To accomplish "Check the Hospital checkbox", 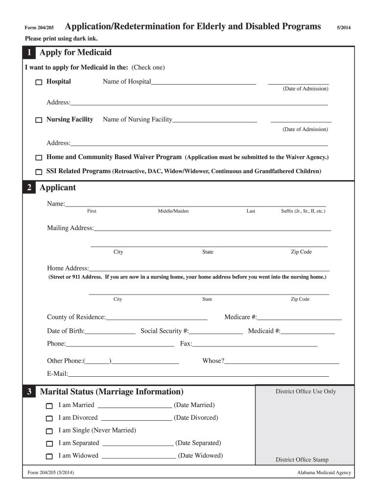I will [39, 83].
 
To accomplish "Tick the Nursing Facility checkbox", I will [39, 120].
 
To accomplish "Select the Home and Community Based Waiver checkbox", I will [39, 158].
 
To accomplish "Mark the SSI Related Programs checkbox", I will [39, 172].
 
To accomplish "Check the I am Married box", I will [49, 406].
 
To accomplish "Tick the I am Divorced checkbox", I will [49, 419].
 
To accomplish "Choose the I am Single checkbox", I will [49, 432].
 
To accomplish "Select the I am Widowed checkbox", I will [49, 456].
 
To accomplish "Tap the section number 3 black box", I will [29, 392].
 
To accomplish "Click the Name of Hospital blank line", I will [203, 83].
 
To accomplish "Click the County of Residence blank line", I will [156, 318].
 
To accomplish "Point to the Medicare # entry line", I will [299, 318].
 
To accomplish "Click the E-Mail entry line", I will [198, 375].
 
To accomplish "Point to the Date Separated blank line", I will [138, 444].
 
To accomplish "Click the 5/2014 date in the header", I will [343, 27].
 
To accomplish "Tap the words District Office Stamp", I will [302, 460].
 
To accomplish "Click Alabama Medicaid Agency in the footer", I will [324, 473].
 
